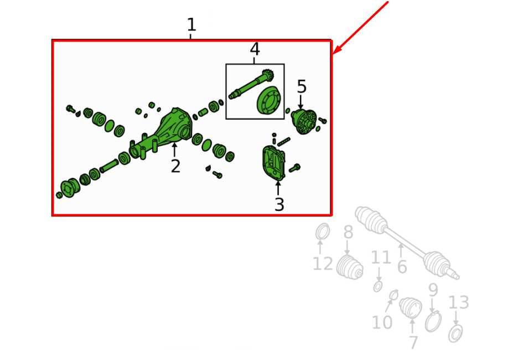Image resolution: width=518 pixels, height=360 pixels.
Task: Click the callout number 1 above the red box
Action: click(x=191, y=25)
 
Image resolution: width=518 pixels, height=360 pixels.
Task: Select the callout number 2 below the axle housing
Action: click(x=175, y=166)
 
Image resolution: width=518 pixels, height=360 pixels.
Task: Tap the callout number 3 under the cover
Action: click(x=279, y=204)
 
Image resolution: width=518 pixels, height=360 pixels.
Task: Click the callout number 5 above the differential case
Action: click(x=302, y=86)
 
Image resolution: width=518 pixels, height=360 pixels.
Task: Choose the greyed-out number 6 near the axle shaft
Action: click(x=402, y=267)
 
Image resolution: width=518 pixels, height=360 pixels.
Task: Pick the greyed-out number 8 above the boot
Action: click(x=348, y=232)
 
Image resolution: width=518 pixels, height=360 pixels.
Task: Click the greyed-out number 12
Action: click(x=323, y=264)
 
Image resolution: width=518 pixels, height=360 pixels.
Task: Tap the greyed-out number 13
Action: click(x=459, y=302)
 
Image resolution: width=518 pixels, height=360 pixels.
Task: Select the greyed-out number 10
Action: click(x=382, y=322)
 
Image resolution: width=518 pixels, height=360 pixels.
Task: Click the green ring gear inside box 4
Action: click(x=269, y=100)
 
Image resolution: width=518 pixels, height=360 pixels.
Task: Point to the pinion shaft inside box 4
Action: click(x=250, y=84)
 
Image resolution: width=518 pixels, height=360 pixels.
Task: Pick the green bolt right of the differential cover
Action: click(x=294, y=168)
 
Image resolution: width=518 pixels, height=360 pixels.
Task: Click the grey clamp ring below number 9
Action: click(x=433, y=321)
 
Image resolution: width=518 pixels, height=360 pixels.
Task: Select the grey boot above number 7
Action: click(x=410, y=308)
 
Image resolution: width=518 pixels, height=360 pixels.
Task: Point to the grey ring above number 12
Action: click(x=323, y=231)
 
